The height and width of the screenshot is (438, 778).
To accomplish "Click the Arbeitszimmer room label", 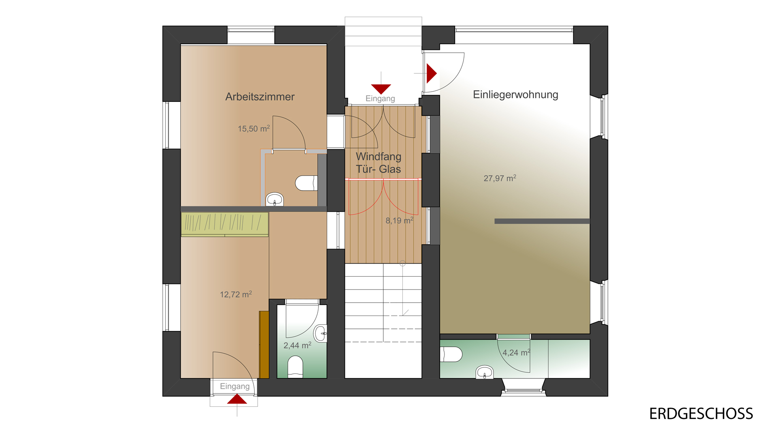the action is pos(260,97).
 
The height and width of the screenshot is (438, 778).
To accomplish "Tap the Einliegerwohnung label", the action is pos(515,94).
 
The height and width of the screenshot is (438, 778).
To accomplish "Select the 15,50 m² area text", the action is pos(254,129).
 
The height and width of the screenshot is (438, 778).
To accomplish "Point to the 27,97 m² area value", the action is pos(500,178).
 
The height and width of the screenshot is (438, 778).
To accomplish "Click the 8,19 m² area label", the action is pos(400,220).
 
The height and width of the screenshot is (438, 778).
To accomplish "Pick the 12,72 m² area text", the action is pos(236,294).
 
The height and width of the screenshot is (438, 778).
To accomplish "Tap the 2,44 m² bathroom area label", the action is pos(297,345).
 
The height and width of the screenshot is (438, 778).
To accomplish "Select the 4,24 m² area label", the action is pos(516,352).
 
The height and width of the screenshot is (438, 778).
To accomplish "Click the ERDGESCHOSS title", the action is pos(701,414).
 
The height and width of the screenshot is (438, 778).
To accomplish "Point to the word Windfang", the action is pos(378,157).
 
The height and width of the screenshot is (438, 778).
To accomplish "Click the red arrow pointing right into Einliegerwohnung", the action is pos(432,73).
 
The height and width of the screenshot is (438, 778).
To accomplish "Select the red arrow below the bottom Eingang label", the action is pos(237,399).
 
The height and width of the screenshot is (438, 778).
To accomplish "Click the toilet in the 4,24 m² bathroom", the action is pos(451,354).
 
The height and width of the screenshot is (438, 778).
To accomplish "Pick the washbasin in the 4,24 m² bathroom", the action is pos(485,372).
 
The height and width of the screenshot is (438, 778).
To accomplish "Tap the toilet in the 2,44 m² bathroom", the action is pos(295,367).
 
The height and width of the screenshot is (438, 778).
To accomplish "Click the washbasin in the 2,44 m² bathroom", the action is pos(321,333).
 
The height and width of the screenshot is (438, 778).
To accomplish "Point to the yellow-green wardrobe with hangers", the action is pos(224,224).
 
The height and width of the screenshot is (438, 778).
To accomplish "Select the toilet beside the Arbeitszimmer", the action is pos(306,183).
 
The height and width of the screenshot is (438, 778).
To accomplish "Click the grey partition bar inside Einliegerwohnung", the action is pos(542,221).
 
